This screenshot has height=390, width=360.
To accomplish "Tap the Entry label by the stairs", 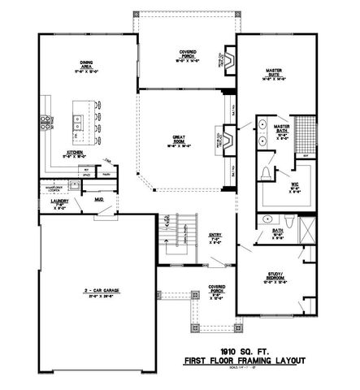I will coord(215,236).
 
